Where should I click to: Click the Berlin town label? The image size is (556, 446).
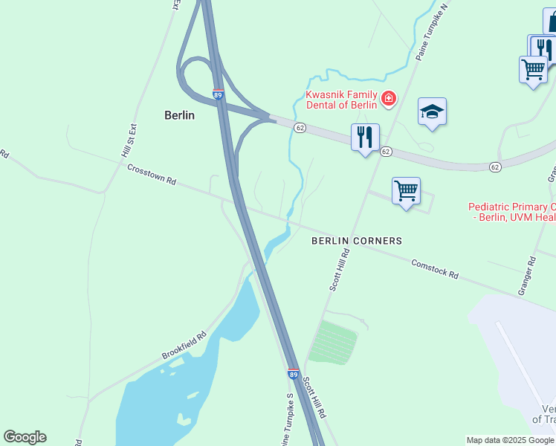pyautogui.click(x=179, y=115)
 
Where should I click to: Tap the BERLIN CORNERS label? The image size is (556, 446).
pyautogui.click(x=357, y=241)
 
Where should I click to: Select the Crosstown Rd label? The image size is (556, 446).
pyautogui.click(x=151, y=175)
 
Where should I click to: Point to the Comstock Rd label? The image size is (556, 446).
pyautogui.click(x=435, y=268)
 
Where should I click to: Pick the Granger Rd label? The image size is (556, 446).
pyautogui.click(x=531, y=274)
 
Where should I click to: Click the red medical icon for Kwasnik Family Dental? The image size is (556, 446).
pyautogui.click(x=388, y=98)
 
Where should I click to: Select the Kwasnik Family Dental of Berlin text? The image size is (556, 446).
pyautogui.click(x=342, y=100)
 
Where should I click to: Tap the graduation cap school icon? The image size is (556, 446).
pyautogui.click(x=432, y=112)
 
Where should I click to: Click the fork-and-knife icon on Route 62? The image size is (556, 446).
pyautogui.click(x=365, y=137)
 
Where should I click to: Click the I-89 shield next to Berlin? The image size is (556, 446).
pyautogui.click(x=218, y=94)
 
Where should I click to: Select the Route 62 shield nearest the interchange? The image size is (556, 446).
pyautogui.click(x=300, y=128)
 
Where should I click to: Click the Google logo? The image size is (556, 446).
pyautogui.click(x=25, y=437)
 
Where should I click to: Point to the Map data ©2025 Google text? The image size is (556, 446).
pyautogui.click(x=511, y=440)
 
